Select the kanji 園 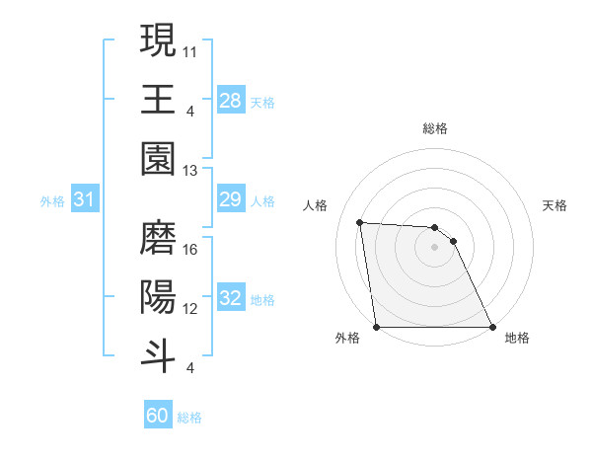[158, 158]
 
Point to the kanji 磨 [158, 238]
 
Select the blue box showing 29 [230, 199]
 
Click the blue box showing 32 [230, 298]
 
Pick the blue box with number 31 [84, 199]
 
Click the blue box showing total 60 [158, 416]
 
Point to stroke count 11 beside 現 [191, 48]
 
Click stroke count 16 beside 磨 [191, 249]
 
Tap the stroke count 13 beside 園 [191, 170]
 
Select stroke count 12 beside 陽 [191, 308]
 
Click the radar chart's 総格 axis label [434, 128]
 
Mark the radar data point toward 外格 [376, 327]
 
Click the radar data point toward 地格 [492, 327]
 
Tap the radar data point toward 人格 [360, 222]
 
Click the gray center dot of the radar [434, 247]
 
